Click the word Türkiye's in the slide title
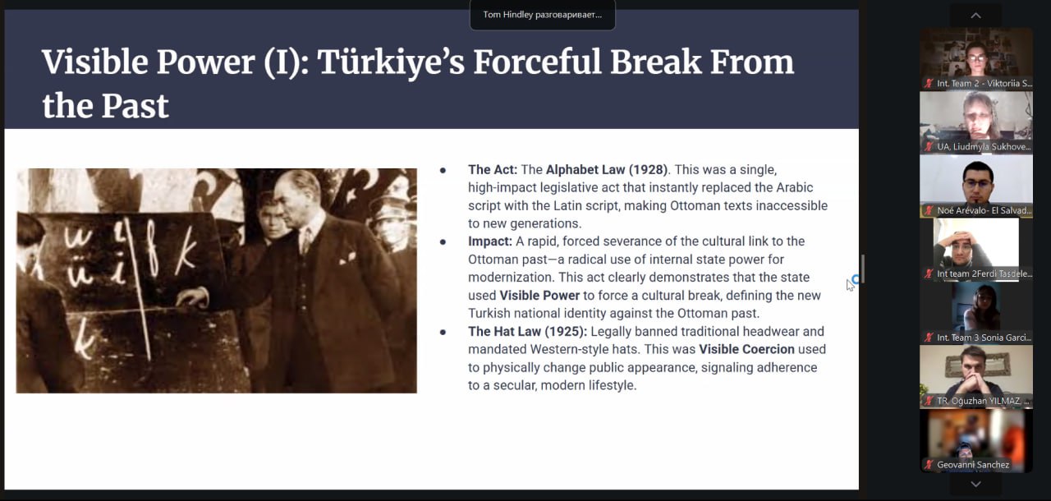391,63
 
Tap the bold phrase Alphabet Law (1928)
607,170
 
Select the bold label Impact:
490,241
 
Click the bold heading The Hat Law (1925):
527,332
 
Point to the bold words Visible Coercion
746,350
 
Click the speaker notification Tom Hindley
543,15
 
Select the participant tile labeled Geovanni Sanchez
976,441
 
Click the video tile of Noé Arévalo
976,186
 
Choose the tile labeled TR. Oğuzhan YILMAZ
976,377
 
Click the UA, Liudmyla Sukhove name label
984,147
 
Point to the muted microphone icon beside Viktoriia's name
929,84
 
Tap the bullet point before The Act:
443,170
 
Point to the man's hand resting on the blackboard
192,297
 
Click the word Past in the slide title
135,106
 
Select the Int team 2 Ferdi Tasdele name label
984,274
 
